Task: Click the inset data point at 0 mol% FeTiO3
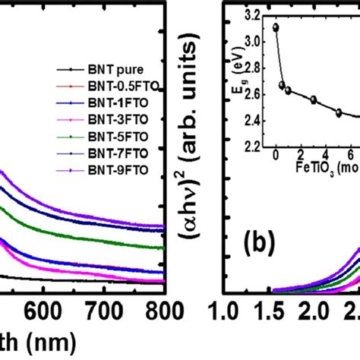coord(276,27)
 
